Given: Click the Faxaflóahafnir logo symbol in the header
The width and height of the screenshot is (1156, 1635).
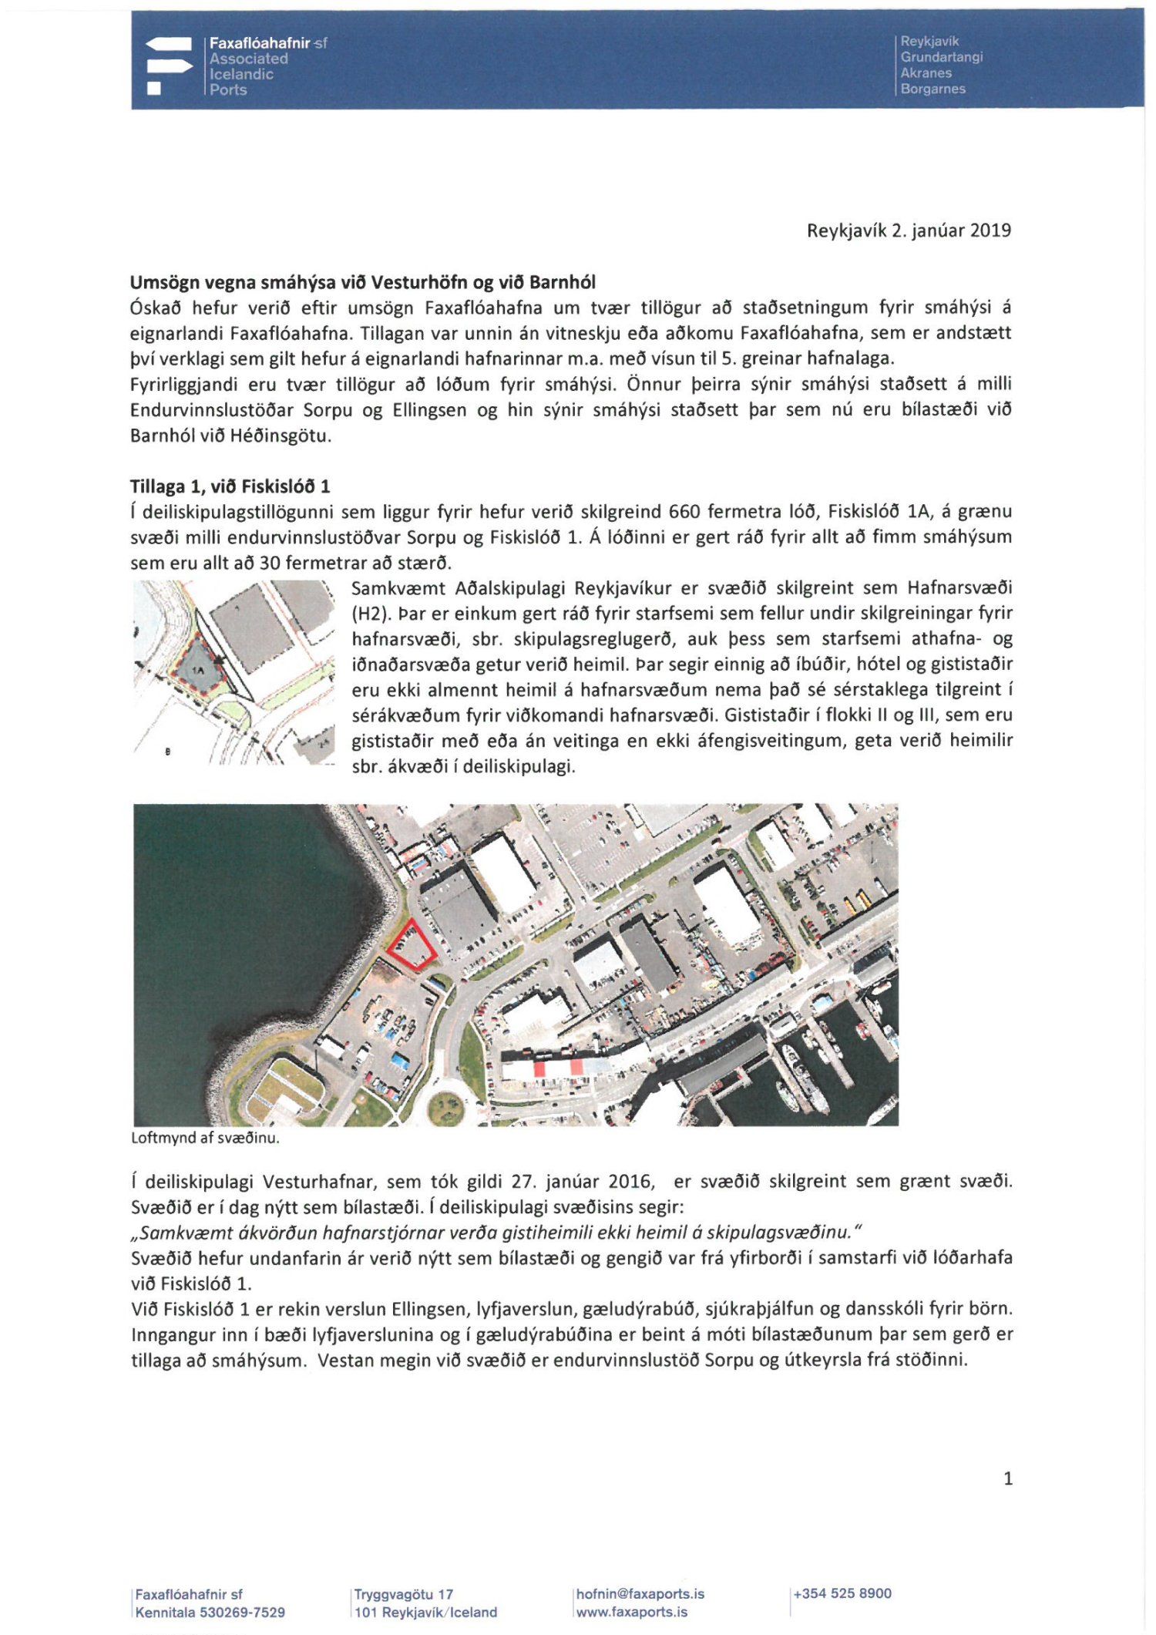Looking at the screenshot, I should click(x=169, y=66).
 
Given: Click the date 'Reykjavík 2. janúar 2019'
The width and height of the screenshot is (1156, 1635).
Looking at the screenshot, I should click(x=909, y=230).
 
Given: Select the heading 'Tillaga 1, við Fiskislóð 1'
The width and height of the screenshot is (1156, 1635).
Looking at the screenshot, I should click(x=230, y=486).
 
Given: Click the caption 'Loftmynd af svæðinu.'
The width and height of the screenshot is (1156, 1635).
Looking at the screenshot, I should click(x=205, y=1138).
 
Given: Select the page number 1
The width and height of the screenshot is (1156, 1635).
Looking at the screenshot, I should click(x=1007, y=1478).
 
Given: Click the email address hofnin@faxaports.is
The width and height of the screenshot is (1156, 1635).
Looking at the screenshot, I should click(x=640, y=1593).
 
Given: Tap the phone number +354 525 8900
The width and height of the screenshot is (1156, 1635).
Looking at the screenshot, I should click(x=842, y=1593).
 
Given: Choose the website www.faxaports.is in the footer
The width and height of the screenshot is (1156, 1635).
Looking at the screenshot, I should click(x=631, y=1612).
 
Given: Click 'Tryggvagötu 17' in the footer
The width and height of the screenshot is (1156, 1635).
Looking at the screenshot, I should click(x=404, y=1594).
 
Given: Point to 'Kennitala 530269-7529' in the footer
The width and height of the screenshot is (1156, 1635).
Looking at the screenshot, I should click(x=210, y=1612).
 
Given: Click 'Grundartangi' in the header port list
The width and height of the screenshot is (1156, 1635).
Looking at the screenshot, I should click(x=942, y=57).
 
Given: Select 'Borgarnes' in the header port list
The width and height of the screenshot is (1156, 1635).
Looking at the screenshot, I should click(x=933, y=89).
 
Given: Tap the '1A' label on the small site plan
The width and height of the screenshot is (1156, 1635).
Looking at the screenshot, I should click(x=199, y=670).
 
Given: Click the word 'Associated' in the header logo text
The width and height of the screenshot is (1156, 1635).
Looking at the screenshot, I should click(x=249, y=59).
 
